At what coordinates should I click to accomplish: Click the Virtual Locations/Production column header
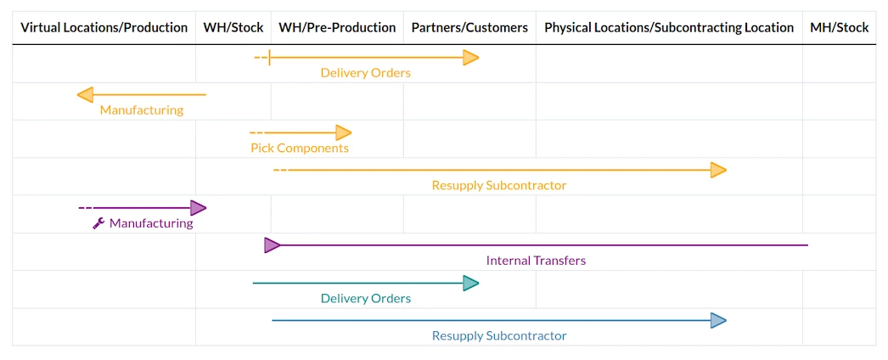pyautogui.click(x=104, y=28)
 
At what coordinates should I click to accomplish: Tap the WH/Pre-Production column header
pyautogui.click(x=338, y=28)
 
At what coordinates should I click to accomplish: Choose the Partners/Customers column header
pyautogui.click(x=469, y=28)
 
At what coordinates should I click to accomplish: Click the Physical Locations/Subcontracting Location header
pyautogui.click(x=669, y=28)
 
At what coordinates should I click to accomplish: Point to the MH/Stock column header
pyautogui.click(x=840, y=28)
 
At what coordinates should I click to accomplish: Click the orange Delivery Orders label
pyautogui.click(x=365, y=73)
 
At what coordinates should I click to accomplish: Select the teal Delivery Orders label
pyautogui.click(x=365, y=298)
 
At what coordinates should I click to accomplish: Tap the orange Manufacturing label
pyautogui.click(x=142, y=110)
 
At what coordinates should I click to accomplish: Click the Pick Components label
pyautogui.click(x=300, y=149)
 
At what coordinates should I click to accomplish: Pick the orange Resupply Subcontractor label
pyautogui.click(x=499, y=186)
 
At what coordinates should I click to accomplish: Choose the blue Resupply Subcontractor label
pyautogui.click(x=499, y=335)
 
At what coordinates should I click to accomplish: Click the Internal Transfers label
pyautogui.click(x=536, y=261)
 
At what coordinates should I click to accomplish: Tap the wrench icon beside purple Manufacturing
pyautogui.click(x=98, y=223)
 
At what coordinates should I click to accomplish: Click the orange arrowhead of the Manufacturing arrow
pyautogui.click(x=86, y=95)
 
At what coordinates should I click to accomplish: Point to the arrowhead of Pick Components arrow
pyautogui.click(x=343, y=133)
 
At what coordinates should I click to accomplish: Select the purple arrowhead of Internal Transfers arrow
pyautogui.click(x=273, y=245)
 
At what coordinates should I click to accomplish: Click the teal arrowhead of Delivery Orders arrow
pyautogui.click(x=470, y=283)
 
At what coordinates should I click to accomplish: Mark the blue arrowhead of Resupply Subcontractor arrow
pyautogui.click(x=718, y=321)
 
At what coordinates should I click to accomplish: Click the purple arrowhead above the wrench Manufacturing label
pyautogui.click(x=198, y=208)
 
